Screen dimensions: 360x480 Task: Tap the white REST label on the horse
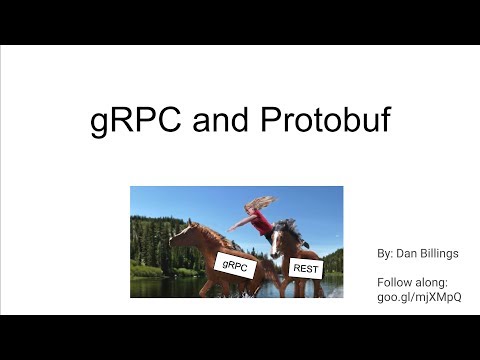point(304,266)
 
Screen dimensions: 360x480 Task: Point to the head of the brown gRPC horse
point(180,236)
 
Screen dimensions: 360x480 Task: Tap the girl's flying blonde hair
point(259,203)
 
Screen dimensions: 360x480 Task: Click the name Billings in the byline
point(436,254)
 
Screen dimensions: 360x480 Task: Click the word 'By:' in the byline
point(385,254)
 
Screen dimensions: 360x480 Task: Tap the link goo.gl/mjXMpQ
point(419,298)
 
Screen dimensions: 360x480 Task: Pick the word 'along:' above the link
point(435,282)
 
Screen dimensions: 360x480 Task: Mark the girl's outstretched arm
point(241,223)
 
